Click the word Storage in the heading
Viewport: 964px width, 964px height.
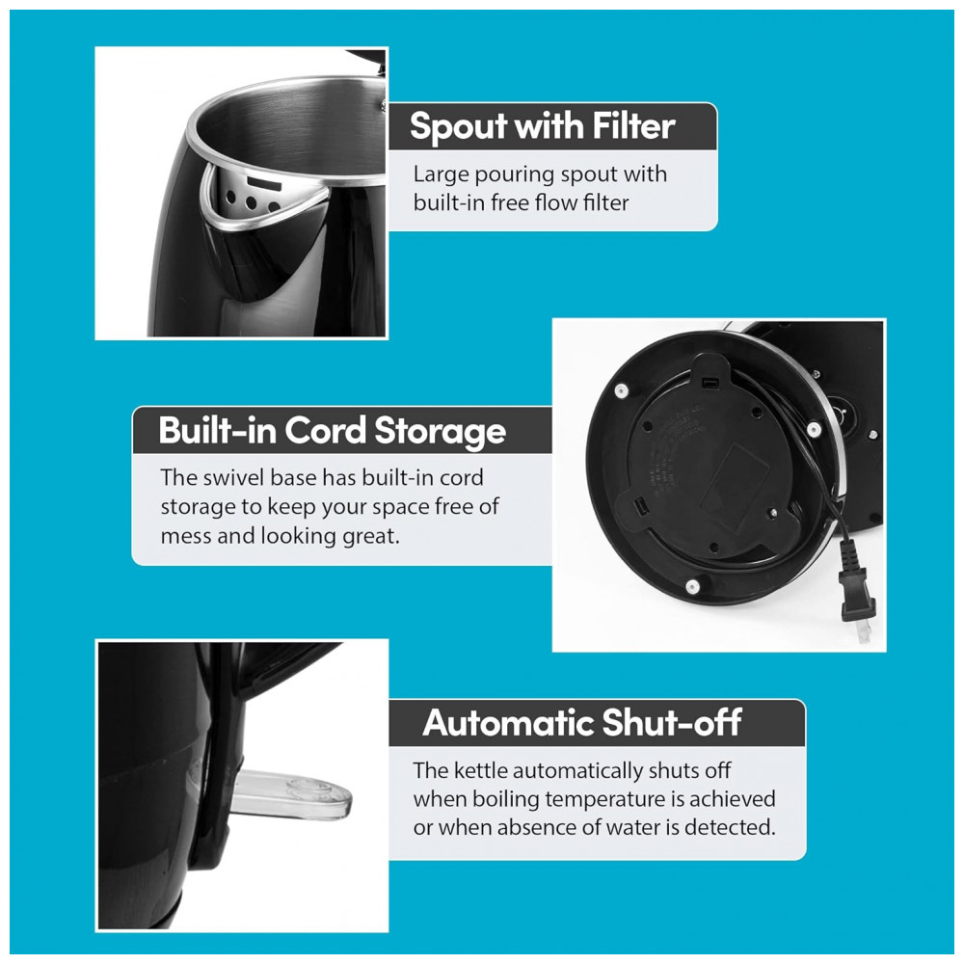pyautogui.click(x=441, y=432)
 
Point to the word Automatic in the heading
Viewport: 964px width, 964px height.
pyautogui.click(x=508, y=722)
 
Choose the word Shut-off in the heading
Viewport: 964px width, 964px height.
pyautogui.click(x=672, y=722)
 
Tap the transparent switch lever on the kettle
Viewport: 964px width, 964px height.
pyautogui.click(x=289, y=795)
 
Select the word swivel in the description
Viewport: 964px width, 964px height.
pyautogui.click(x=234, y=478)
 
